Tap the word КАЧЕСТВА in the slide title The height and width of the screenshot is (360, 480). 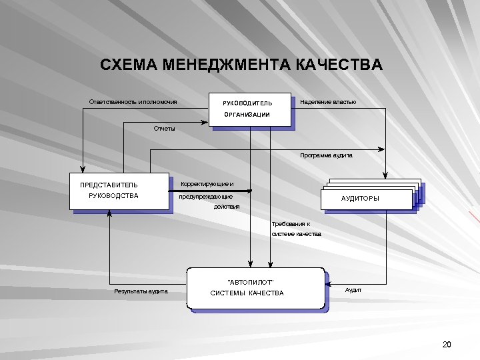pos(339,65)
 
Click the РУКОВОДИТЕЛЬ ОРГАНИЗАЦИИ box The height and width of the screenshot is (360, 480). pos(250,109)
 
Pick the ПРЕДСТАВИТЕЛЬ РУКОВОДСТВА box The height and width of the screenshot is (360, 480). pos(119,191)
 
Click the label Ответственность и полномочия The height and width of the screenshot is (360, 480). pos(133,102)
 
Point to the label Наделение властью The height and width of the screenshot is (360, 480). pos(329,102)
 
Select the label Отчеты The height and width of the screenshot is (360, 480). pos(164,129)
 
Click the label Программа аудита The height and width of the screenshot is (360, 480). pos(326,155)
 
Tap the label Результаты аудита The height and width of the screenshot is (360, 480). pos(141,291)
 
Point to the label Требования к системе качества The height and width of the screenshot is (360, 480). pos(296,229)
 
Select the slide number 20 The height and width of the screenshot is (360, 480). pos(447,344)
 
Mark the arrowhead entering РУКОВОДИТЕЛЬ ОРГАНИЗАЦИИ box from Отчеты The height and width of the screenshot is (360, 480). pos(207,121)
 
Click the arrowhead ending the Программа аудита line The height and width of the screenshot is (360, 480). pos(383,149)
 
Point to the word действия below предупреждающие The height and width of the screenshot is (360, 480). pos(227,207)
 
